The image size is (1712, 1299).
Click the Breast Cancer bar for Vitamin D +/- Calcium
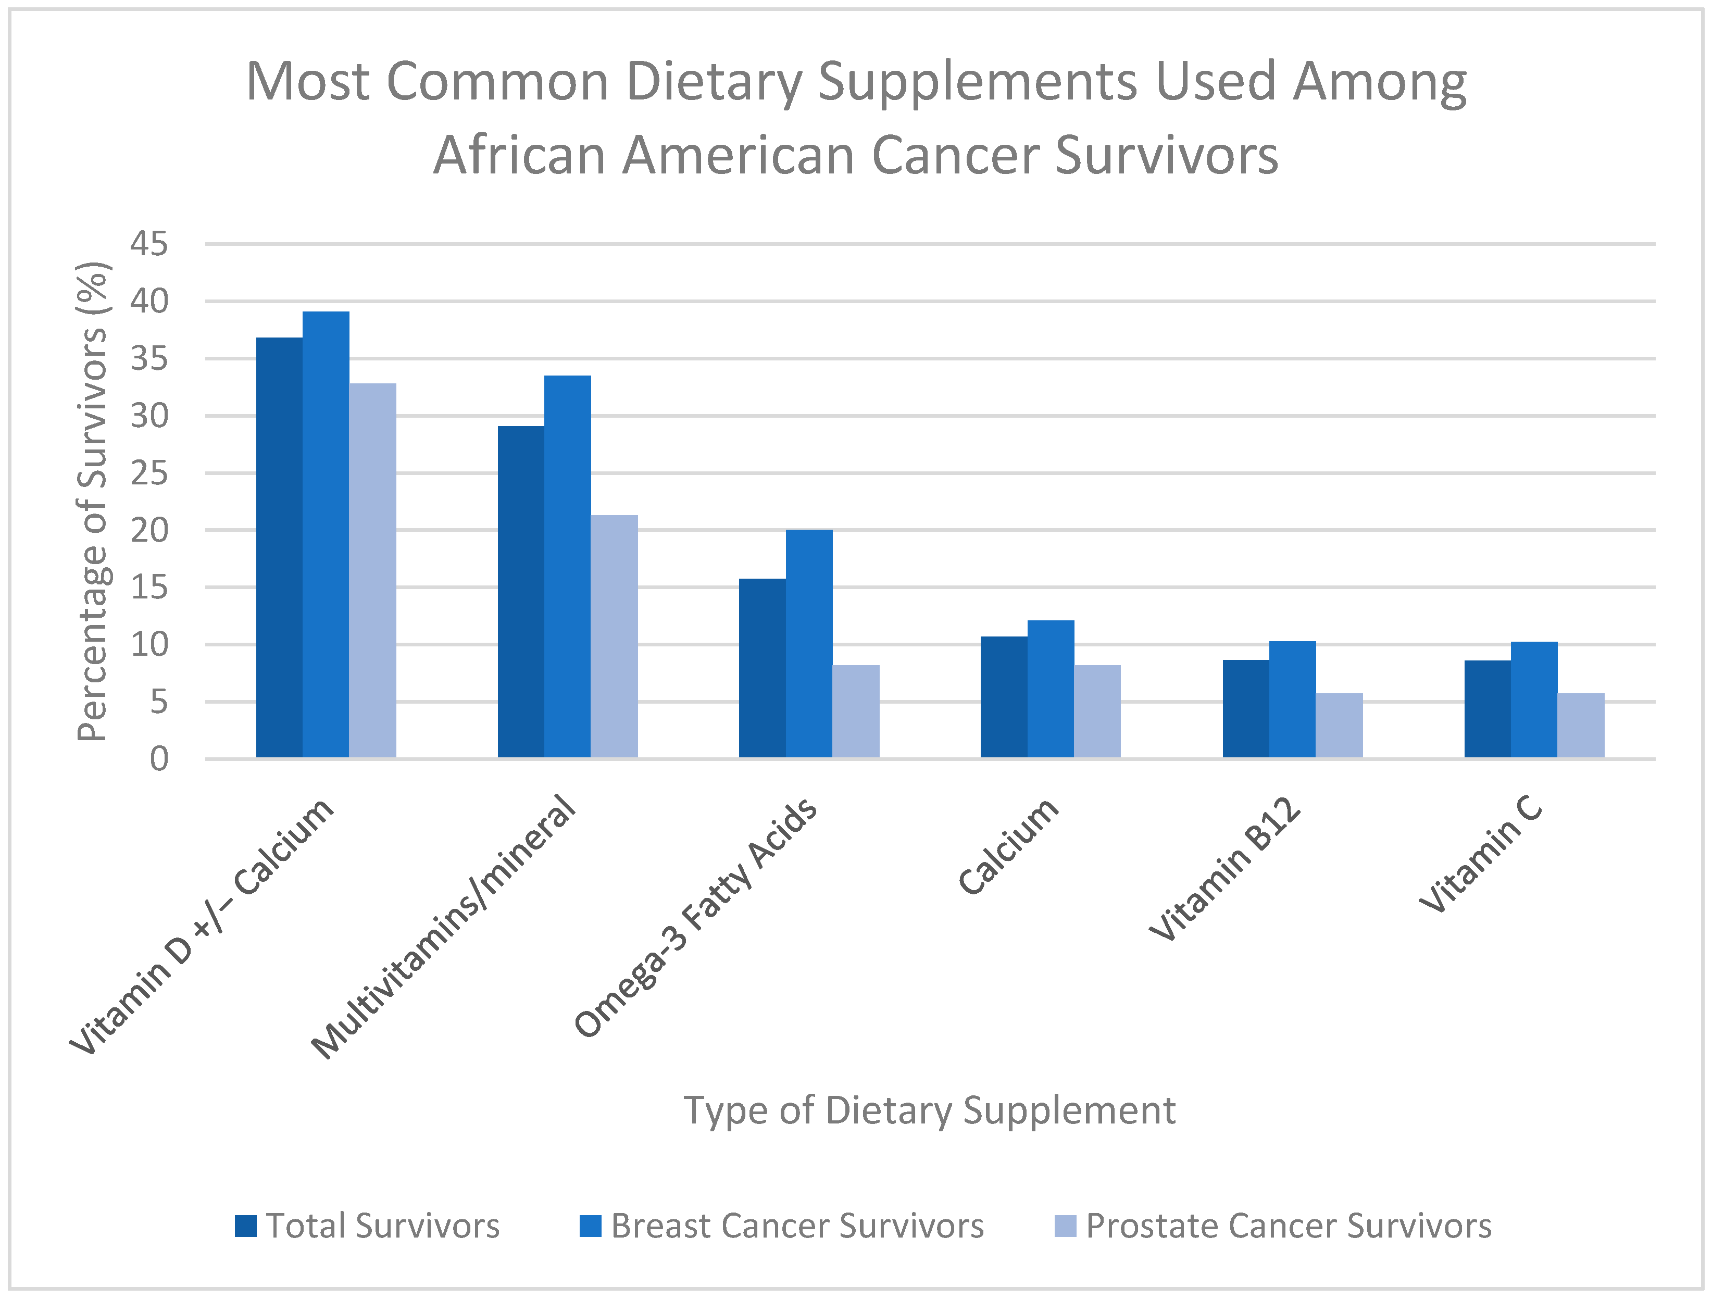click(326, 534)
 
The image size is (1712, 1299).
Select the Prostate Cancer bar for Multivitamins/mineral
click(614, 636)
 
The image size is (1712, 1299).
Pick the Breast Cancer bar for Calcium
click(1050, 689)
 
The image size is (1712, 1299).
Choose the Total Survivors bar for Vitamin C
click(1487, 709)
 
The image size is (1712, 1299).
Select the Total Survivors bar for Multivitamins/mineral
click(520, 592)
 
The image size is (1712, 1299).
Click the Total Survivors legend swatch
click(245, 1226)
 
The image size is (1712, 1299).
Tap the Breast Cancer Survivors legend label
click(797, 1226)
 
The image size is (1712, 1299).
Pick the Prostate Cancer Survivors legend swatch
click(1065, 1226)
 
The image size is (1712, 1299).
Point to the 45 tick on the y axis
click(148, 244)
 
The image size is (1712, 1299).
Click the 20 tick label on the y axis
click(148, 530)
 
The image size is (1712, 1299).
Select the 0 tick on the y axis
click(159, 759)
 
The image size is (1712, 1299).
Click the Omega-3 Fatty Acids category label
click(695, 917)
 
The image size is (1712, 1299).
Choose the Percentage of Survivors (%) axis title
click(93, 502)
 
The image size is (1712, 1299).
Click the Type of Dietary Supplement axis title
click(930, 1110)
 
